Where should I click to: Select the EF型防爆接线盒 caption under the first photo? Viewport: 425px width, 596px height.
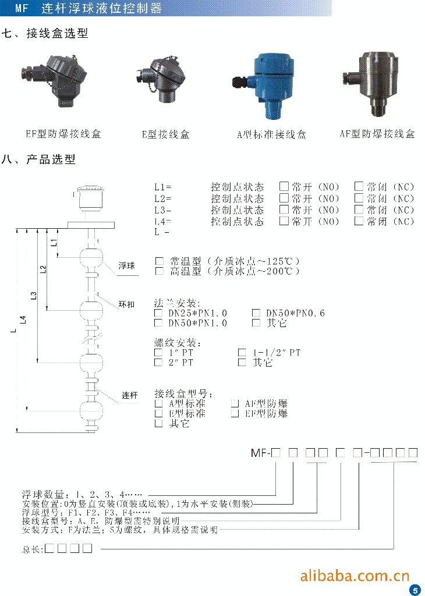tap(63, 134)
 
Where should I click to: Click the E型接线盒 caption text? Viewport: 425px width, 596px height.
tap(166, 134)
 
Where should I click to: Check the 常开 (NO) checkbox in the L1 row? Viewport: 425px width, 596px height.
tap(284, 187)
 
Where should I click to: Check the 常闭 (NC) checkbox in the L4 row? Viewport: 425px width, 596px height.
tap(359, 221)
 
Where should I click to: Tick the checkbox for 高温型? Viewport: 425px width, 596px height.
tap(159, 271)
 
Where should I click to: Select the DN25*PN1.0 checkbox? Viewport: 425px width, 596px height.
tap(158, 313)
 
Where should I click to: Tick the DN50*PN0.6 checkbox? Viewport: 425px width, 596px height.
tap(256, 313)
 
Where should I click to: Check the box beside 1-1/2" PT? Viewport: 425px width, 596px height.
tap(242, 352)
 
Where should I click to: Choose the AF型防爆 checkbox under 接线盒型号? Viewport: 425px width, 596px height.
tap(235, 403)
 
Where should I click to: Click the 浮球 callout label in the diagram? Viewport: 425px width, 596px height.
tap(126, 266)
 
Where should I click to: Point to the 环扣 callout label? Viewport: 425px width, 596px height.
tap(126, 304)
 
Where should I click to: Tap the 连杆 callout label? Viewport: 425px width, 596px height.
tap(129, 396)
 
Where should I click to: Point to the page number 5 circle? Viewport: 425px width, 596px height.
tap(415, 590)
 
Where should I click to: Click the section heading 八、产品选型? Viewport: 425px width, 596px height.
tap(39, 159)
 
